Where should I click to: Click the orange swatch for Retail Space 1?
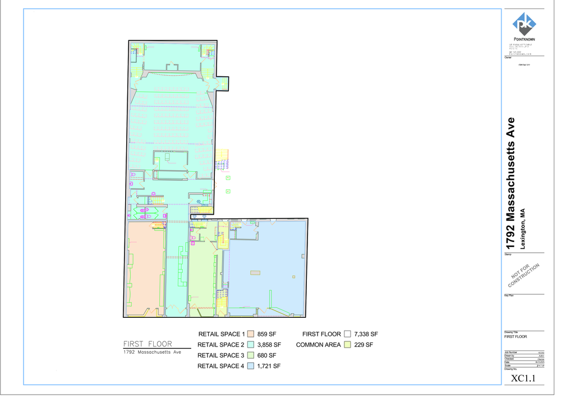click(x=251, y=334)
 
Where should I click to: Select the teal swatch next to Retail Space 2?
click(x=251, y=344)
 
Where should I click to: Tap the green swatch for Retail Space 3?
click(x=251, y=355)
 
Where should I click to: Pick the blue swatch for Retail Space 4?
click(x=251, y=366)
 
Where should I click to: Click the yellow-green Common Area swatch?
click(x=348, y=344)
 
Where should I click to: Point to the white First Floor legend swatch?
click(x=348, y=334)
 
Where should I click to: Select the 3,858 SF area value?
click(x=269, y=344)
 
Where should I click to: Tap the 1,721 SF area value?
click(x=269, y=366)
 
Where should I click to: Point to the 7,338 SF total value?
click(x=366, y=334)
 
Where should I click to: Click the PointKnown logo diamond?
click(x=525, y=24)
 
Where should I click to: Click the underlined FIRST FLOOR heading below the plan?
click(x=148, y=344)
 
